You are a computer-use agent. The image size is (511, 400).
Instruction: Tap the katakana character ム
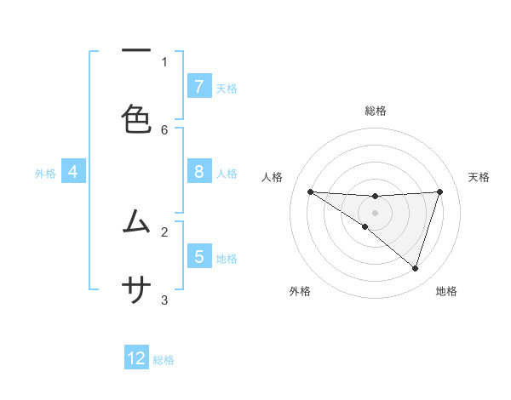[x=136, y=221]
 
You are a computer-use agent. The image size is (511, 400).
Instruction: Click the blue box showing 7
[x=198, y=86]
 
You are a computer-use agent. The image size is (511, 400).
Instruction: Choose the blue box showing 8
[x=198, y=172]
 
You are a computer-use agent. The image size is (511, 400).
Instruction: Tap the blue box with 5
[x=198, y=256]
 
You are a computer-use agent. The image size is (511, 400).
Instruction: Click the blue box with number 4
[x=72, y=172]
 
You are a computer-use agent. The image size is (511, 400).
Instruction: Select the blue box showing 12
[x=136, y=358]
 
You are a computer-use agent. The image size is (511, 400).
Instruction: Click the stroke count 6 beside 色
[x=164, y=129]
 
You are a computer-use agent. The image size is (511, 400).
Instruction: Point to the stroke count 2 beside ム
[x=164, y=231]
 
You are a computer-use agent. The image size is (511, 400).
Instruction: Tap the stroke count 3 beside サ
[x=164, y=300]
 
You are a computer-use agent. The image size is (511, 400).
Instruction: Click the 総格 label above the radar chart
[x=376, y=111]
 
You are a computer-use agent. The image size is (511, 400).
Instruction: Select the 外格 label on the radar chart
[x=300, y=291]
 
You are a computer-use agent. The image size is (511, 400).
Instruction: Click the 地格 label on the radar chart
[x=446, y=291]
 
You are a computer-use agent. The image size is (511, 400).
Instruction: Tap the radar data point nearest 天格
[x=439, y=191]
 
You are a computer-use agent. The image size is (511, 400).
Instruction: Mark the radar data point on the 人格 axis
[x=310, y=191]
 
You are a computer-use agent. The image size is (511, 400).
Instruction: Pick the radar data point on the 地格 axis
[x=415, y=268]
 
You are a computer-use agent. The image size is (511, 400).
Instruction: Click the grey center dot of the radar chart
[x=376, y=212]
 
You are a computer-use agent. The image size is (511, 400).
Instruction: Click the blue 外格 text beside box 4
[x=45, y=173]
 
